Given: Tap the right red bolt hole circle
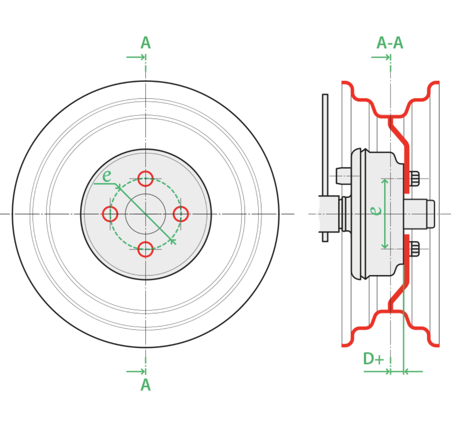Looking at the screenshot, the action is (x=188, y=214).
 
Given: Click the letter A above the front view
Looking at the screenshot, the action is (x=145, y=43).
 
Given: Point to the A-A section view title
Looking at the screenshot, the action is (x=390, y=43).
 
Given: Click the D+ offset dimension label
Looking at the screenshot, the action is (x=374, y=359).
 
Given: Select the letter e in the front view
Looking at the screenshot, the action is (x=107, y=176).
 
